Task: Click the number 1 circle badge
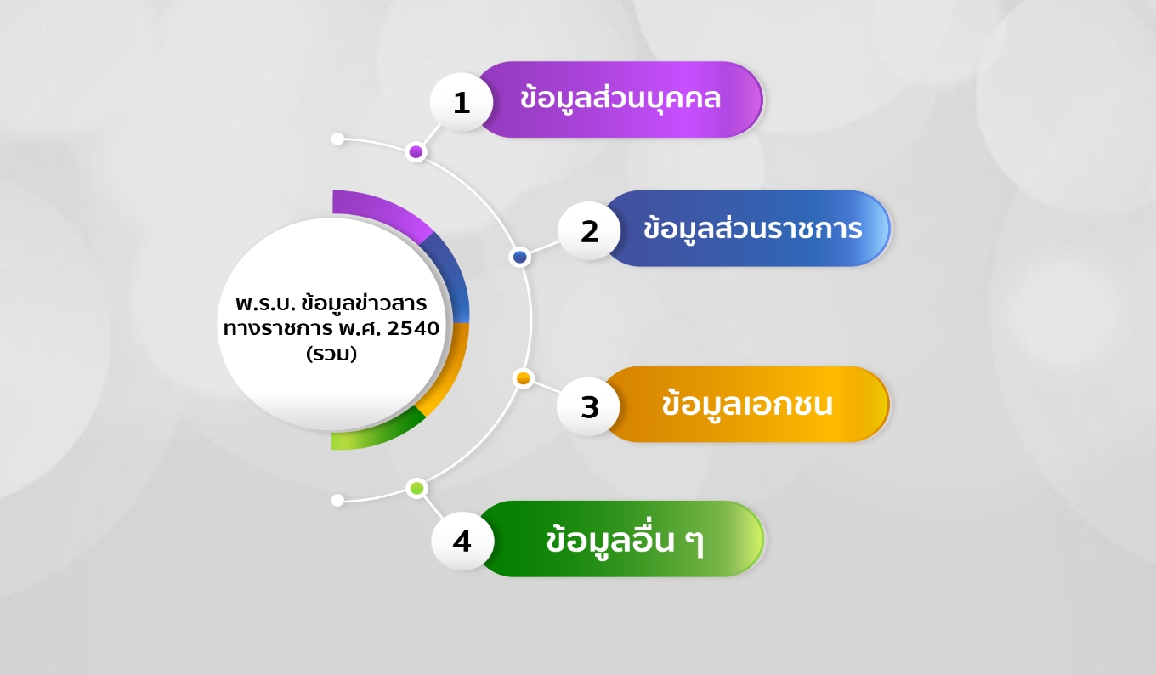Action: pyautogui.click(x=462, y=102)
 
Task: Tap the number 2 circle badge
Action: pyautogui.click(x=589, y=231)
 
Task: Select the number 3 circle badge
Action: pyautogui.click(x=589, y=406)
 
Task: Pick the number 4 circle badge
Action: pyautogui.click(x=462, y=541)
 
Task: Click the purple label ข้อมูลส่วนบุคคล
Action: pyautogui.click(x=620, y=99)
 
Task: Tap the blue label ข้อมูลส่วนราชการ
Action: pyautogui.click(x=752, y=229)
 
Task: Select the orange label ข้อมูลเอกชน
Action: pyautogui.click(x=746, y=405)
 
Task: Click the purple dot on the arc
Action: pyautogui.click(x=416, y=152)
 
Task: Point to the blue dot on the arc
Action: pyautogui.click(x=520, y=257)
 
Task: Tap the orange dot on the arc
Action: pyautogui.click(x=524, y=378)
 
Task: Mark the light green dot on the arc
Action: pyautogui.click(x=416, y=488)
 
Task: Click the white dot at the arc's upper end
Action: pyautogui.click(x=337, y=139)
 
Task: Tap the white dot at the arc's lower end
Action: pyautogui.click(x=337, y=500)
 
